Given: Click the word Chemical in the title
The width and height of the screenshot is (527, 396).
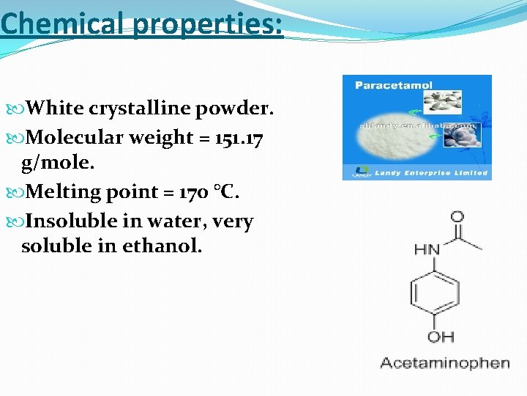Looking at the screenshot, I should pyautogui.click(x=64, y=24).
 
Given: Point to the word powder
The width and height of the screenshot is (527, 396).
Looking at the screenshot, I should pyautogui.click(x=234, y=109).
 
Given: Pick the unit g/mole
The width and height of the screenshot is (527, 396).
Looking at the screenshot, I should pyautogui.click(x=56, y=161).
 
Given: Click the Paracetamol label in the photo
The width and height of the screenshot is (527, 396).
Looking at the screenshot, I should pyautogui.click(x=384, y=85).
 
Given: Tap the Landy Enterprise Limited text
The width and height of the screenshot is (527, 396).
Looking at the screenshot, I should pyautogui.click(x=431, y=173).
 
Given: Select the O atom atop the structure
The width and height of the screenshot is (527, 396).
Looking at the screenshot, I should pyautogui.click(x=457, y=217).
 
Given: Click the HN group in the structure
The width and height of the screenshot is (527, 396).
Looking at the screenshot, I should pyautogui.click(x=427, y=249).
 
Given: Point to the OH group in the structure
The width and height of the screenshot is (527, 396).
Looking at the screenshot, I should pyautogui.click(x=441, y=337).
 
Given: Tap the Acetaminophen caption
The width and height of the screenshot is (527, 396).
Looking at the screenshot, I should pyautogui.click(x=445, y=363).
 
